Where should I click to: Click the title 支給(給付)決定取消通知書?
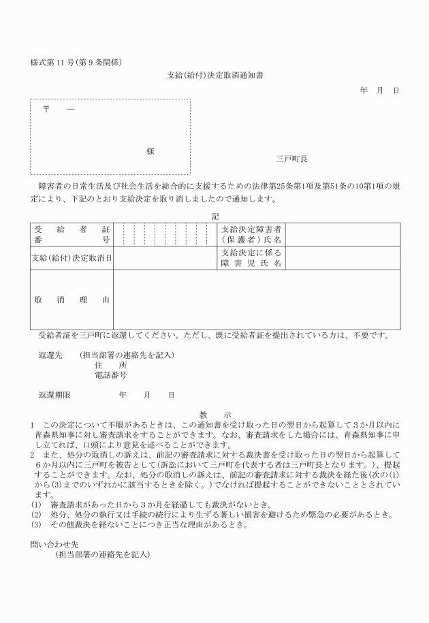point(214,75)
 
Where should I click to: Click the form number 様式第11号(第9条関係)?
point(76,63)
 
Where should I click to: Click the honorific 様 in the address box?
point(150,151)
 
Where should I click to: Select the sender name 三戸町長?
point(291,159)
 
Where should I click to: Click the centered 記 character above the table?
point(215,216)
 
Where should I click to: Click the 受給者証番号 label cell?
point(71,234)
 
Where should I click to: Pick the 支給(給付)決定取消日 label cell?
point(71,257)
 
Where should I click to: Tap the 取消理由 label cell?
point(71,300)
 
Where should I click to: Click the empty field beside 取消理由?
point(256,300)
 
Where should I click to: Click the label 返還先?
point(50,355)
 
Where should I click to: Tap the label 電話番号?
point(110,375)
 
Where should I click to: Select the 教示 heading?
point(215,414)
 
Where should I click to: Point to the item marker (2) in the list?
point(36,514)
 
